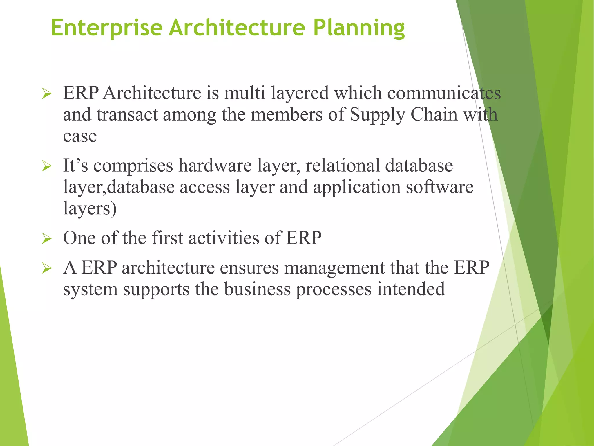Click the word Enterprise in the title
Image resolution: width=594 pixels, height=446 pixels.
106,28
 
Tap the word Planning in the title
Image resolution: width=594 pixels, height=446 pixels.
359,28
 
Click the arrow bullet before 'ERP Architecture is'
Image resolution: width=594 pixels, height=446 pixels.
47,94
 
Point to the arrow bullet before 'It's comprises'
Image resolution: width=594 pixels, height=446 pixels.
47,166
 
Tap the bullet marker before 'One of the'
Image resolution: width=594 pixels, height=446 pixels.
47,239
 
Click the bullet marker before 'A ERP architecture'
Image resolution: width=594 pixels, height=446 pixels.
47,268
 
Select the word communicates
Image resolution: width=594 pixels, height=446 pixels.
444,93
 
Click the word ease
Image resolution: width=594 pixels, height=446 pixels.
80,136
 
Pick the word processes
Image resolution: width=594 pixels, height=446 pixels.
334,290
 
